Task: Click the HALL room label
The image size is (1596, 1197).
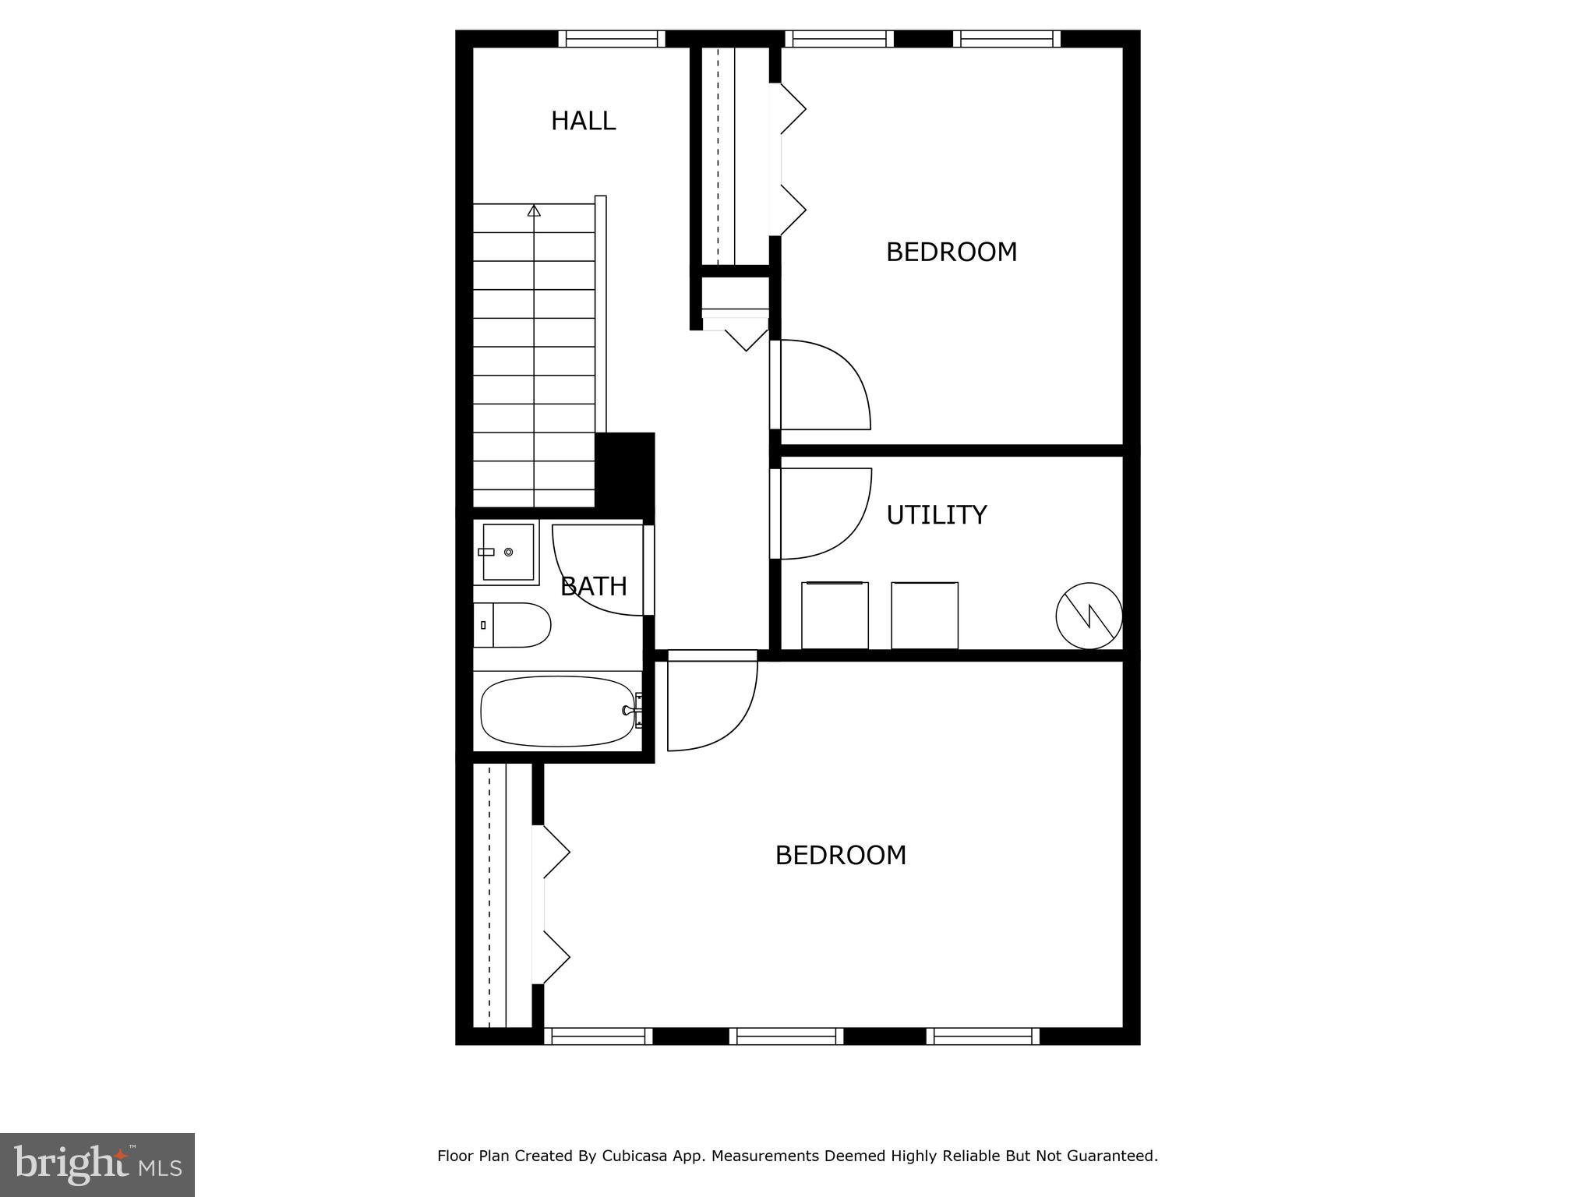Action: [x=583, y=121]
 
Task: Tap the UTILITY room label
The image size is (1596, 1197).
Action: [x=936, y=515]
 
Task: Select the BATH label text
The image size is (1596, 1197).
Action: [x=594, y=586]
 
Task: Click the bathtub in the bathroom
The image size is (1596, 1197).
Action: [x=558, y=711]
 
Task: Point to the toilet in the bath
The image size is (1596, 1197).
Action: [x=513, y=625]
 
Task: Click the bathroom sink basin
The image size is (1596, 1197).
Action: [x=507, y=552]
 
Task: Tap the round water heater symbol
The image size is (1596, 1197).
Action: [x=1089, y=616]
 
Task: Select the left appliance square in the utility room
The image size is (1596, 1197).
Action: [x=835, y=615]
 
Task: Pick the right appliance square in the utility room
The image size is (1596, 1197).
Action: [x=924, y=615]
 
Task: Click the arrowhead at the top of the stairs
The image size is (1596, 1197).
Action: [x=534, y=210]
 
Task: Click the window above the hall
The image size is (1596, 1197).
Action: [x=612, y=39]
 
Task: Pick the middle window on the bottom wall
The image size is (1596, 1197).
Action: [x=786, y=1036]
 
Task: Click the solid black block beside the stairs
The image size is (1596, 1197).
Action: [x=624, y=471]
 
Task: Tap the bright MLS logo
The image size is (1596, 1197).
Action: [x=97, y=1165]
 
